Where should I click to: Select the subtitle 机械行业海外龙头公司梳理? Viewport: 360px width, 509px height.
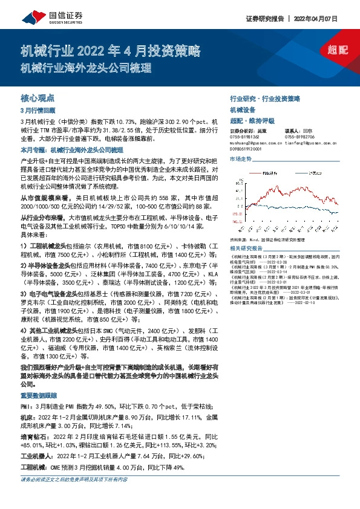[85, 68]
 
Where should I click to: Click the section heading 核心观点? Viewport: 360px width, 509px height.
[38, 97]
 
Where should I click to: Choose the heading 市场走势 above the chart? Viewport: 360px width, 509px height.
[241, 158]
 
